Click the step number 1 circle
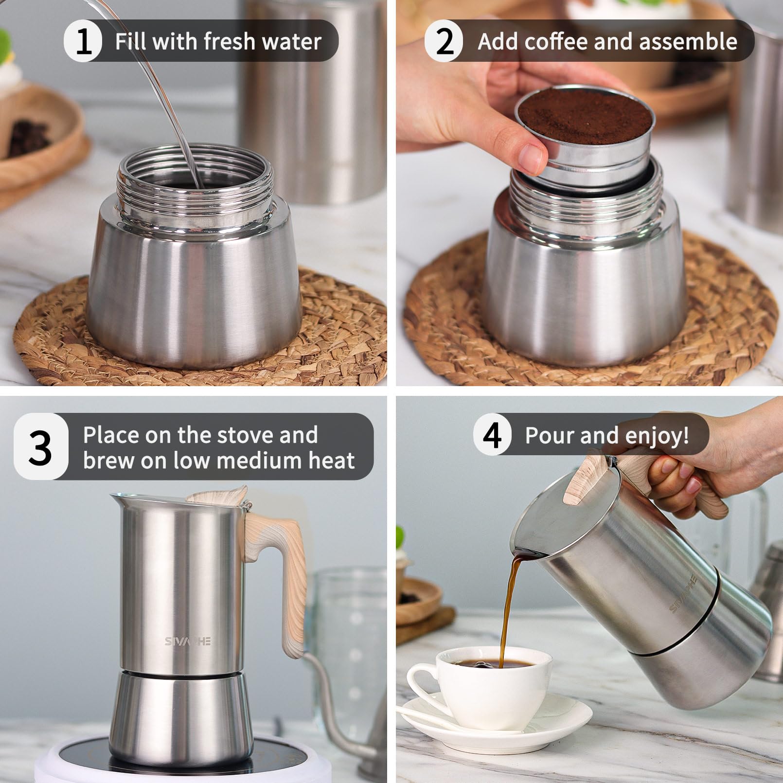click(x=83, y=41)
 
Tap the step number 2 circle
click(x=444, y=41)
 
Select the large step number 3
click(x=40, y=447)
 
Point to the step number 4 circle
click(x=492, y=435)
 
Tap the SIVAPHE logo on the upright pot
click(x=187, y=641)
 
